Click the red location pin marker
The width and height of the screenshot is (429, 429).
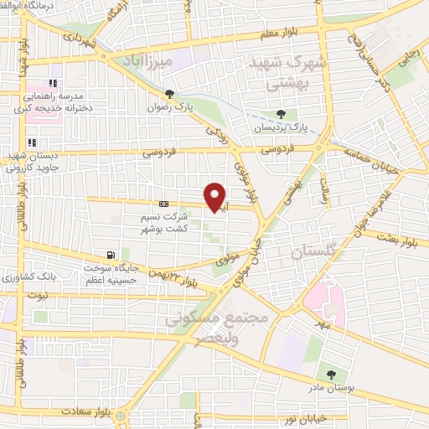tap(216, 197)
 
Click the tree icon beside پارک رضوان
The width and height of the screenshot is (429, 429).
tap(171, 94)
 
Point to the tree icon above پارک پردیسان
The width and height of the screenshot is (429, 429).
tap(281, 114)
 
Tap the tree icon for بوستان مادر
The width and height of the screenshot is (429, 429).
tap(332, 375)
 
